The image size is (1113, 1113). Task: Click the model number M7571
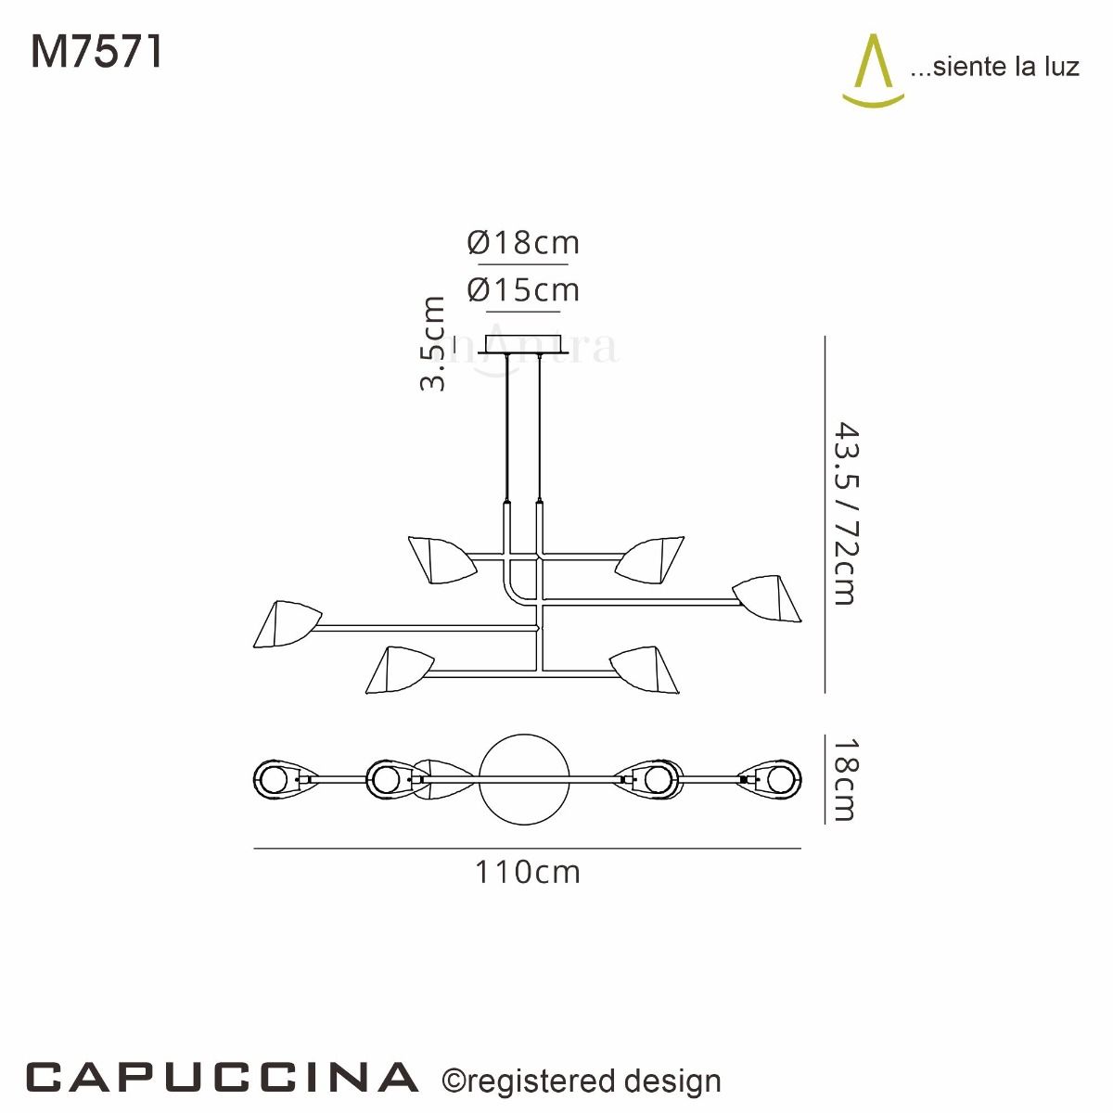[97, 52]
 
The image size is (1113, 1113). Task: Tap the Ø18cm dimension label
[524, 243]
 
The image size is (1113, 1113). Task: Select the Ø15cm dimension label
[524, 290]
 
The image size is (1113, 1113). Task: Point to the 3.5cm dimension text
[433, 344]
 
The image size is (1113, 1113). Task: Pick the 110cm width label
[528, 873]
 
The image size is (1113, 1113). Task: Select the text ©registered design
[582, 1081]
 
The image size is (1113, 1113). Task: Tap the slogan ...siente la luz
[994, 67]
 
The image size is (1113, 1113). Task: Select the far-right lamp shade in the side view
[769, 599]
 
